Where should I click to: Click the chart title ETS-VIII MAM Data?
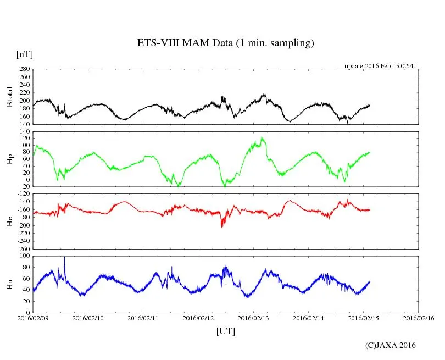click(x=225, y=43)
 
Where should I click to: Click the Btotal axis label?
click(x=9, y=97)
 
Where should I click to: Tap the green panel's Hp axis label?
click(x=9, y=159)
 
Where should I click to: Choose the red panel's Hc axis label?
click(x=9, y=221)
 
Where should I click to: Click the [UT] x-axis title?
click(x=226, y=331)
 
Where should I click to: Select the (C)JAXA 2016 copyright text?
click(x=391, y=345)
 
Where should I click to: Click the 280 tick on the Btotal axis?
click(x=24, y=69)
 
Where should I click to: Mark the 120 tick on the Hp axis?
click(x=24, y=131)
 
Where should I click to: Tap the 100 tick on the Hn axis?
click(x=24, y=256)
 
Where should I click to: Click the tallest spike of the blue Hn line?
click(x=65, y=257)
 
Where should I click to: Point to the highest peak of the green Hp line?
click(x=263, y=138)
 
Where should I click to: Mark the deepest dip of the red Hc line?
click(x=222, y=226)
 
